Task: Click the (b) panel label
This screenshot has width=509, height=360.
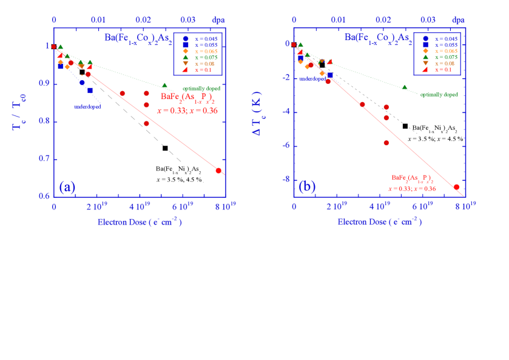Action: click(x=307, y=186)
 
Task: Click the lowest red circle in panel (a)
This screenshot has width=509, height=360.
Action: click(x=218, y=171)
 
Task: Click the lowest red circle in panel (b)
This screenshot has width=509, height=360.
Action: click(x=456, y=187)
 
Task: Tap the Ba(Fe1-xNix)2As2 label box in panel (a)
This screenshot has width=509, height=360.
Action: click(x=179, y=174)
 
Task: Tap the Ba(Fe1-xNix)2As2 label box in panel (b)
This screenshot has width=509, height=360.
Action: click(x=435, y=133)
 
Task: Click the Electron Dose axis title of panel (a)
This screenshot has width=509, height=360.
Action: click(x=140, y=222)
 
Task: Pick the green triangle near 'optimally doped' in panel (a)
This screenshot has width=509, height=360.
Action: click(x=164, y=86)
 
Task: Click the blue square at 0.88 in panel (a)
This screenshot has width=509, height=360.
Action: click(x=90, y=90)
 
